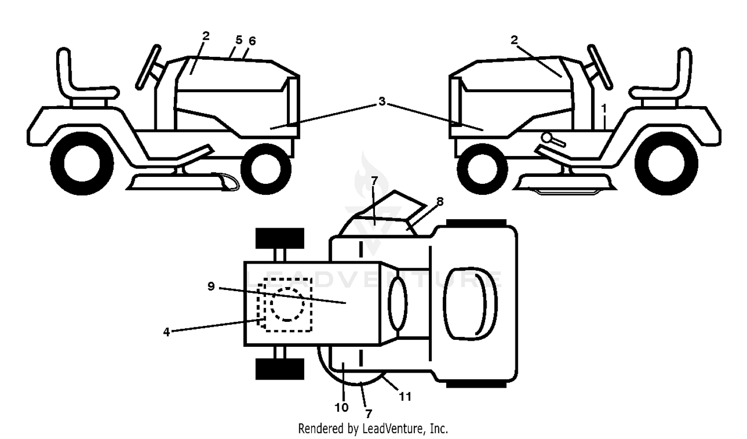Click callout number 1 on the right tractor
(x=604, y=109)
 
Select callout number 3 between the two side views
(x=382, y=101)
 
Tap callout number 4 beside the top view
(x=166, y=332)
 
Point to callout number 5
(x=239, y=40)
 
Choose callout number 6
(x=252, y=41)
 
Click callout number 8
(x=440, y=201)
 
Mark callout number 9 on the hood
(x=211, y=286)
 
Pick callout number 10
(x=342, y=407)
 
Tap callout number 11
(x=405, y=397)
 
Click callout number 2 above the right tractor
(x=514, y=40)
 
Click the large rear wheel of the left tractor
(x=82, y=163)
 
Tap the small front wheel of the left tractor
(x=266, y=169)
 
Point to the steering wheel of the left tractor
(x=148, y=67)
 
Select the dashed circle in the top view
(x=287, y=304)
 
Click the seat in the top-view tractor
(x=470, y=303)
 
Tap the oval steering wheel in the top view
(x=398, y=303)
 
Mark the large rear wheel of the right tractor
(x=666, y=163)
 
